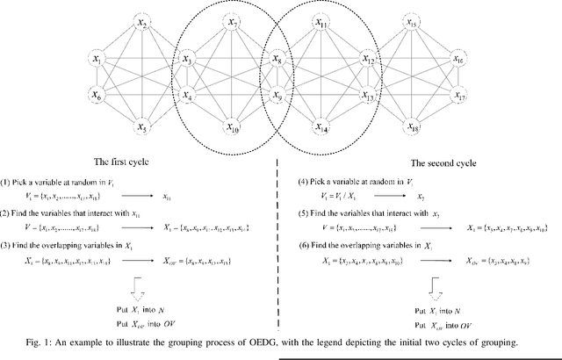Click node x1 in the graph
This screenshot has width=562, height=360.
[97, 60]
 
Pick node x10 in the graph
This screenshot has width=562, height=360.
[232, 127]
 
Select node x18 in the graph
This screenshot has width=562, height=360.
[412, 127]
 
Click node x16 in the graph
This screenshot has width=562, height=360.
[458, 60]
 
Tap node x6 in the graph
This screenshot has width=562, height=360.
[97, 93]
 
